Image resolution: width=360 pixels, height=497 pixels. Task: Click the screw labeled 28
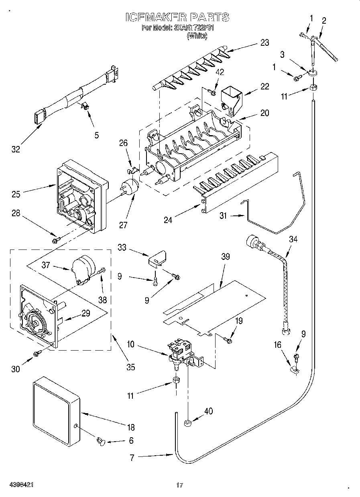pos(55,240)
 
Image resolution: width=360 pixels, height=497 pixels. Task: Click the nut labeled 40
pos(188,422)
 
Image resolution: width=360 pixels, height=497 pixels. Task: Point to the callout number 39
pos(226,256)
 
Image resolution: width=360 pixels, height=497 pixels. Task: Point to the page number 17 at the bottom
pos(179,485)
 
